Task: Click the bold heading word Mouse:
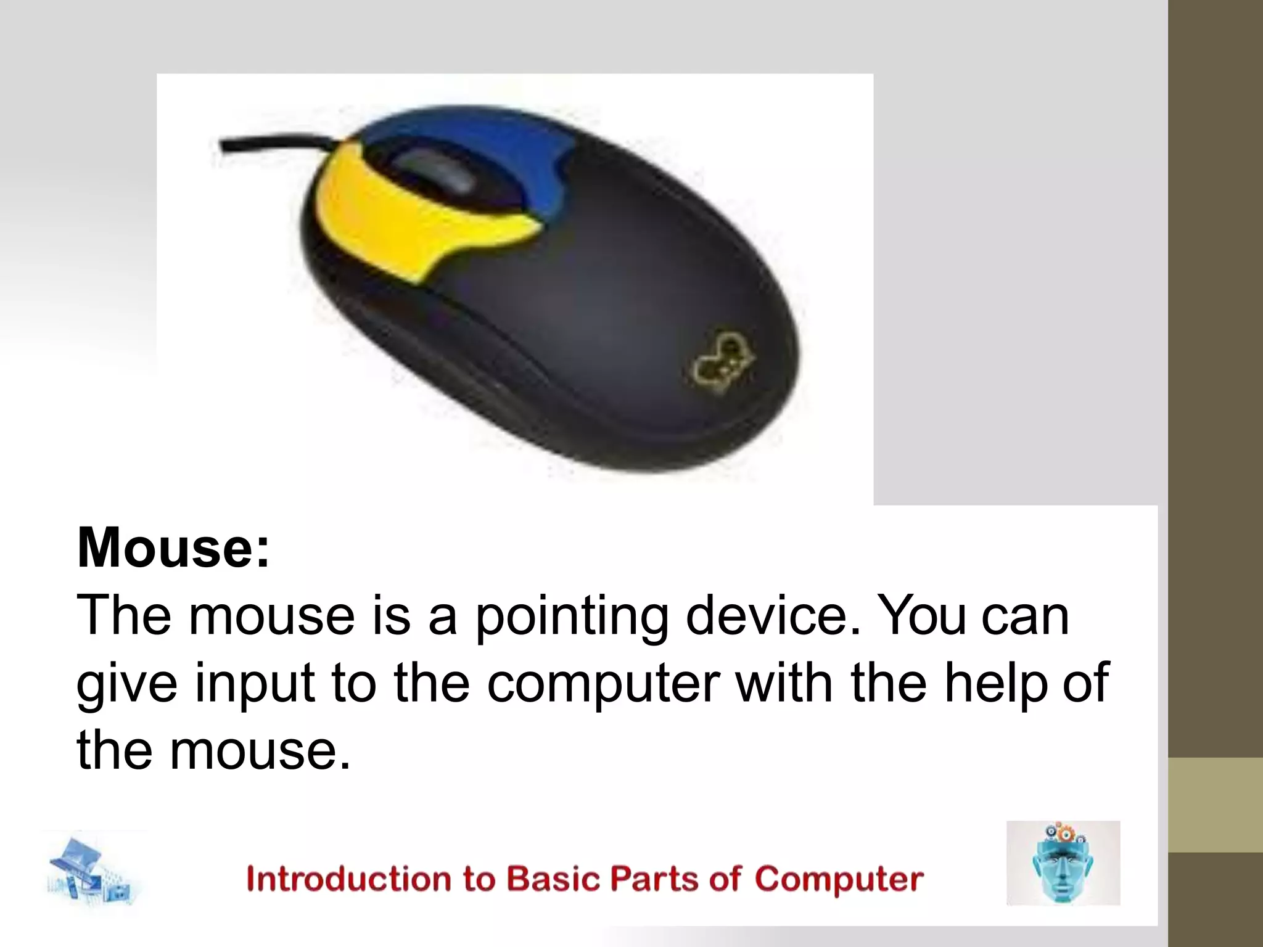click(x=173, y=547)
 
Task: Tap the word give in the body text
click(x=126, y=684)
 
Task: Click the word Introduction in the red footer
click(x=348, y=879)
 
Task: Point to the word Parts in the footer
click(x=654, y=879)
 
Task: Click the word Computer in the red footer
click(x=839, y=879)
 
